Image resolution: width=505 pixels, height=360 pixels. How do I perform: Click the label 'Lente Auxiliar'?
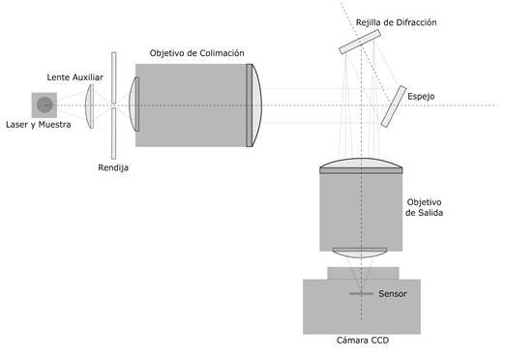pyautogui.click(x=74, y=77)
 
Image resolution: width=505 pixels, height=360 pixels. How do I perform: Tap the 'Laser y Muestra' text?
pyautogui.click(x=39, y=125)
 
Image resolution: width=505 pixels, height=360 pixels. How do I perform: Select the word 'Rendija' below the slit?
pyautogui.click(x=113, y=167)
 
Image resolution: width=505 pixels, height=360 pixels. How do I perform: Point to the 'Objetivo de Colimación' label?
pyautogui.click(x=196, y=53)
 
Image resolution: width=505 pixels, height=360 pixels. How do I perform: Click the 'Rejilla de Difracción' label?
pyautogui.click(x=397, y=22)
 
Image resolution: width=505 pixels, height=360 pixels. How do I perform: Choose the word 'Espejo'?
pyautogui.click(x=421, y=97)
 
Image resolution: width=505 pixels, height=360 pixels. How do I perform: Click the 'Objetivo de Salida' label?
pyautogui.click(x=424, y=207)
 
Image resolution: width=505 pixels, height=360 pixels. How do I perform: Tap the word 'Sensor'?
pyautogui.click(x=393, y=294)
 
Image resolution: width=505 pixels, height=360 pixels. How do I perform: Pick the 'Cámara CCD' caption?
pyautogui.click(x=363, y=341)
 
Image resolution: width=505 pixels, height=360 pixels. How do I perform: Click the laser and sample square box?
pyautogui.click(x=45, y=105)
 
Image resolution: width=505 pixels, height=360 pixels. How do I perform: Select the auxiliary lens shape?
pyautogui.click(x=90, y=106)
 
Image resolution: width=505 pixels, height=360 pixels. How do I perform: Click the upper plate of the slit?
pyautogui.click(x=114, y=77)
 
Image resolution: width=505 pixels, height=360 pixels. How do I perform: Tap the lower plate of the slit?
pyautogui.click(x=114, y=134)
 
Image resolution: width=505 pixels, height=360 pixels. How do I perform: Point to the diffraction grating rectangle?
pyautogui.click(x=360, y=42)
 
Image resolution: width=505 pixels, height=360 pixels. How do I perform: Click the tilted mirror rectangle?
pyautogui.click(x=394, y=106)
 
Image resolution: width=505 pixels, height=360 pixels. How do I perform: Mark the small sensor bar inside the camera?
pyautogui.click(x=361, y=294)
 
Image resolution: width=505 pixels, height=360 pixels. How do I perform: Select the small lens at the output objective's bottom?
pyautogui.click(x=360, y=253)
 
